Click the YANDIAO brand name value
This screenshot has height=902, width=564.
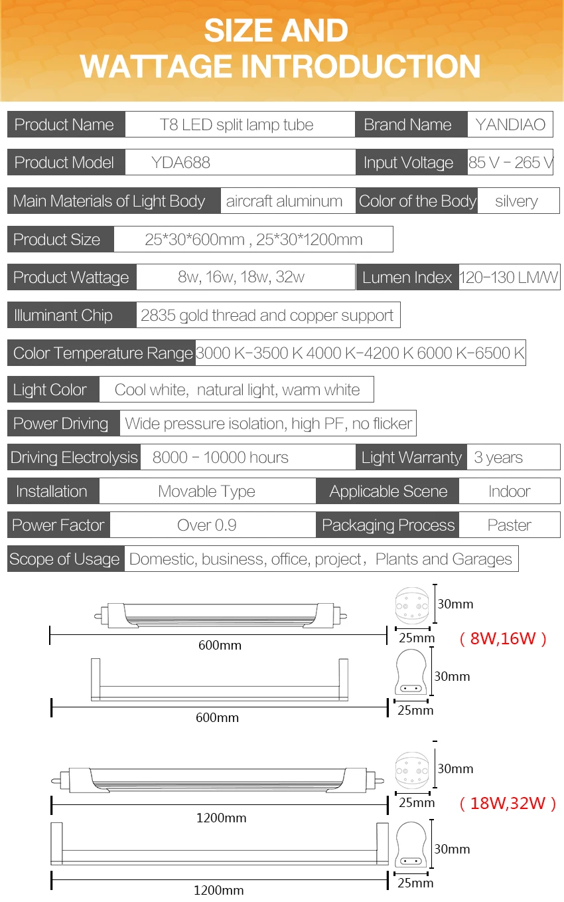pos(510,124)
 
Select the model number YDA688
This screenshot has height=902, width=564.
pos(180,163)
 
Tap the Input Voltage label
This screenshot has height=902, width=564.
pos(408,163)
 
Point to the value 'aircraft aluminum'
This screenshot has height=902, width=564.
pos(284,201)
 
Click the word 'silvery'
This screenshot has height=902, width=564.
pos(516,201)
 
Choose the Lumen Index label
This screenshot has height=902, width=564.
pos(407,278)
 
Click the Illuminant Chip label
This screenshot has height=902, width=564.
pos(63,316)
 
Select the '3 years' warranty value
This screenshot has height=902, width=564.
pos(498,458)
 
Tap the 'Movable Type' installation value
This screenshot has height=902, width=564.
pos(206,492)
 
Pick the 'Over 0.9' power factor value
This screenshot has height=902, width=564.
pos(207,525)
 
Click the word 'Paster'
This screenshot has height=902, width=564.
pos(510,525)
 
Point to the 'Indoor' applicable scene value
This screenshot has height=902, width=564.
pos(510,492)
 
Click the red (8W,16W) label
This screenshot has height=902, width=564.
pos(503,638)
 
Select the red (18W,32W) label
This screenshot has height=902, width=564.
pos(508,803)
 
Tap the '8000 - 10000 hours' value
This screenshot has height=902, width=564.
pos(220,458)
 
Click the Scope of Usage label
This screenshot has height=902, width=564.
pos(64,559)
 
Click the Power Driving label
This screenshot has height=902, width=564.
pos(61,424)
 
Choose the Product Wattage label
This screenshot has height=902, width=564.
pos(71,278)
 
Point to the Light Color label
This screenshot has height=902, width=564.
pos(50,390)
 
